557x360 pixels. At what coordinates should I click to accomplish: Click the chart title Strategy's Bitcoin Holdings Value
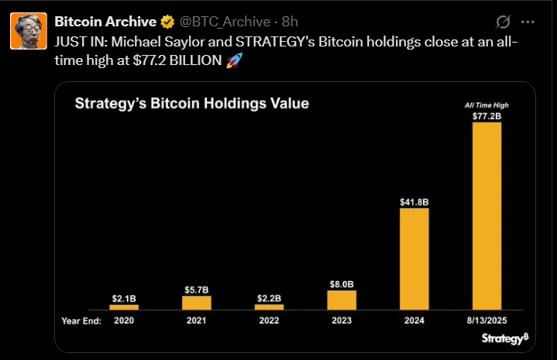click(x=191, y=104)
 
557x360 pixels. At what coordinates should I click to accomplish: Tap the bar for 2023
click(x=342, y=300)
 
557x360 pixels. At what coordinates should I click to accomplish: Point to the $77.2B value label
click(x=487, y=116)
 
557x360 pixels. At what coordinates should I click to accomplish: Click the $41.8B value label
click(x=414, y=201)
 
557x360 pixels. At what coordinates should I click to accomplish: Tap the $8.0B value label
click(x=342, y=283)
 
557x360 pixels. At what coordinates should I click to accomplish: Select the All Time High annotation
click(x=487, y=105)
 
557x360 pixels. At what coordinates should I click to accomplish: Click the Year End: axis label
click(x=80, y=319)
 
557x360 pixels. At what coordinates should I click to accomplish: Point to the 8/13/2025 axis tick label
click(x=487, y=319)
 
